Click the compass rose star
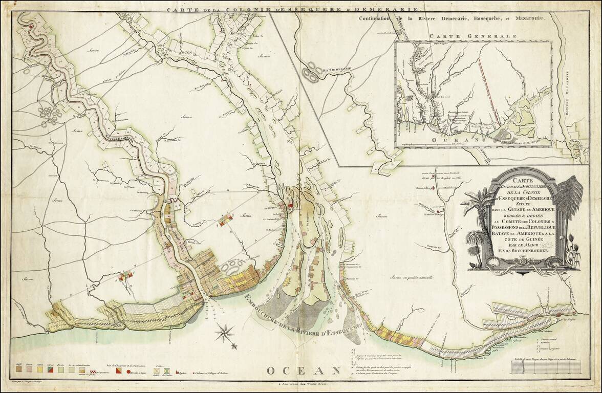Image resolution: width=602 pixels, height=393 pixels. tap(224, 333)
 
